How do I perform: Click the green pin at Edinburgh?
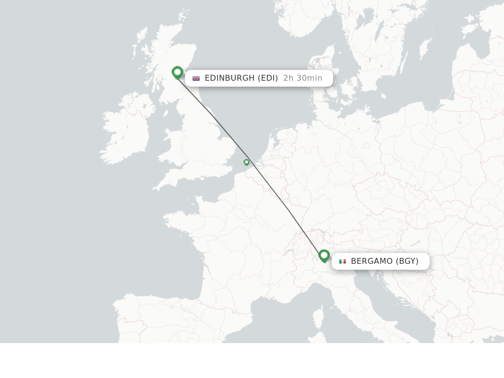coord(177,72)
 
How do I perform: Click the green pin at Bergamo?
coord(324,255)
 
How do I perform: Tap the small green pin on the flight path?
coord(247,162)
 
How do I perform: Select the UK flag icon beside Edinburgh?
coord(196,78)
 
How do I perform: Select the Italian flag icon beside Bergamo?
coord(343,261)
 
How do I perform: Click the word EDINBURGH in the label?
coord(229,78)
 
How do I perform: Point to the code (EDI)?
coord(268,78)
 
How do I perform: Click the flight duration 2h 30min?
coord(303,78)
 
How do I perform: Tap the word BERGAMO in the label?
coord(372,261)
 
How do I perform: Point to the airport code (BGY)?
coord(407,261)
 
